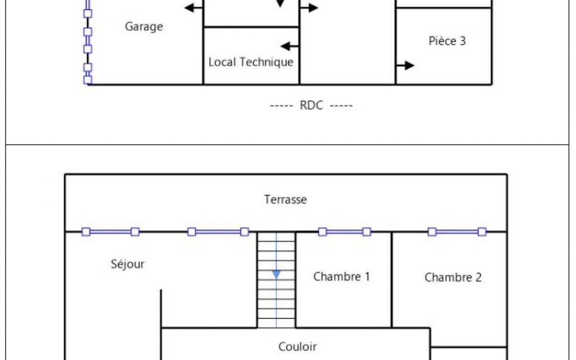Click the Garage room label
144,27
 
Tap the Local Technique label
251,62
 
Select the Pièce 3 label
447,41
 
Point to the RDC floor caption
312,105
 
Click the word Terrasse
286,200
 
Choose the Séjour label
128,264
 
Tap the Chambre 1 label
342,276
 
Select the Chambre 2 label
453,277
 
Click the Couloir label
298,347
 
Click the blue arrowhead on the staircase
276,275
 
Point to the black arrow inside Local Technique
290,46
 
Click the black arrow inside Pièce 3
405,66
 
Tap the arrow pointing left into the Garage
194,8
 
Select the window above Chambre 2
457,232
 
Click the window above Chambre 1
345,232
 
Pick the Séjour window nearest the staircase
218,232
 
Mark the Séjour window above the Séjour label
110,232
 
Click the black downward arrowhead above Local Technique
280,3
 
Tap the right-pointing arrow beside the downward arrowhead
309,8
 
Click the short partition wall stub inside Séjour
161,309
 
